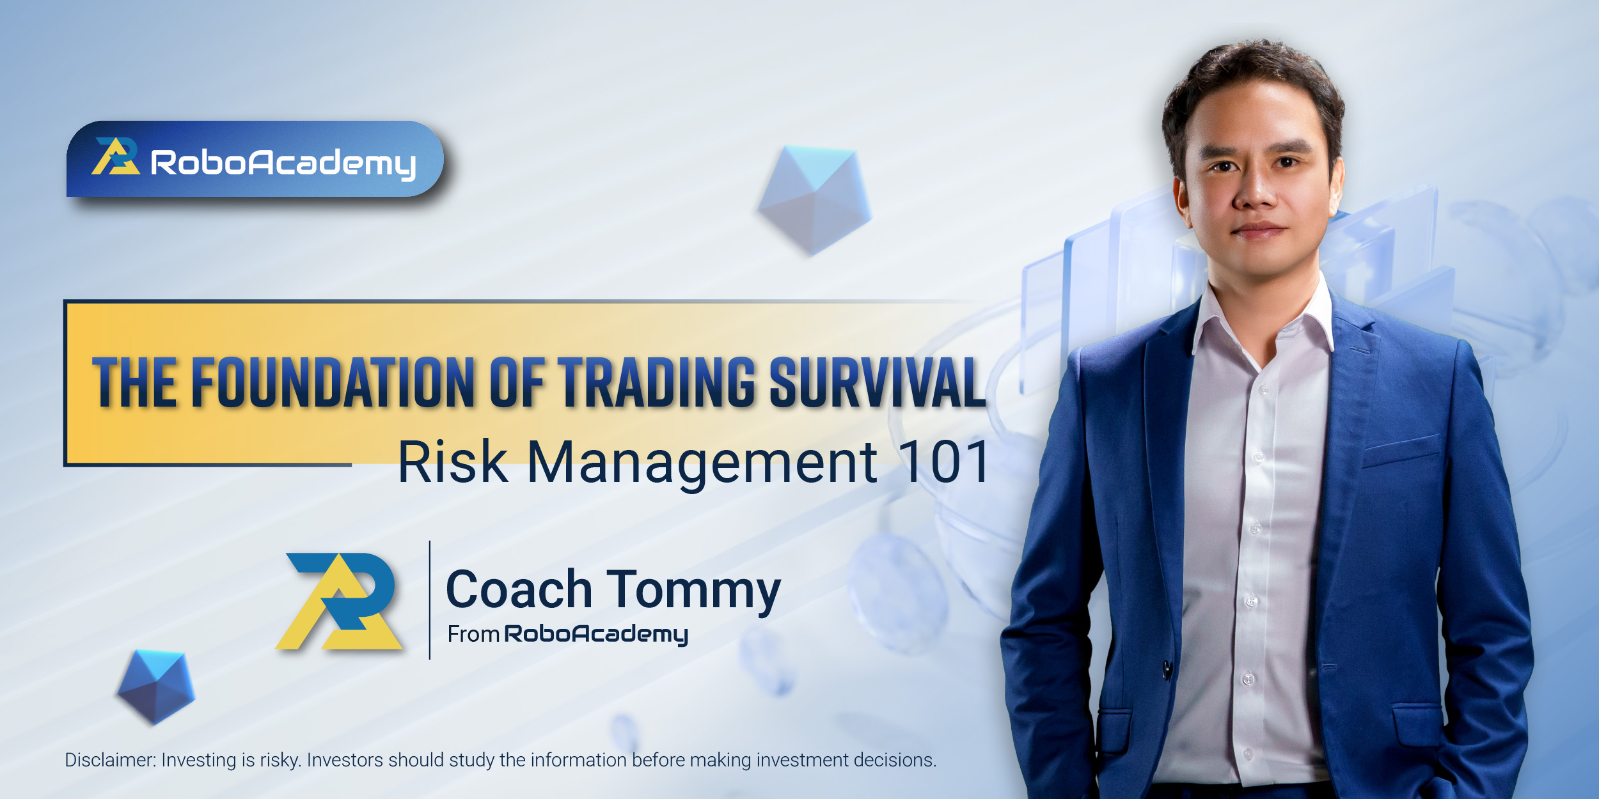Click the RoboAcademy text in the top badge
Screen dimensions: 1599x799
pyautogui.click(x=283, y=163)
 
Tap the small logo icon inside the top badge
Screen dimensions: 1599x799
pyautogui.click(x=116, y=156)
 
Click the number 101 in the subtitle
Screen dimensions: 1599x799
pyautogui.click(x=944, y=462)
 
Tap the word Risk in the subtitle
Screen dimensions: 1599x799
pyautogui.click(x=453, y=462)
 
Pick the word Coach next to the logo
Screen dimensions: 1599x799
pyautogui.click(x=519, y=589)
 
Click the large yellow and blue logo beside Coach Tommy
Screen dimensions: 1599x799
pyautogui.click(x=339, y=601)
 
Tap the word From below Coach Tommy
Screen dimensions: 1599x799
pyautogui.click(x=473, y=634)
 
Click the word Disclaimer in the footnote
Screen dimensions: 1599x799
pyautogui.click(x=110, y=760)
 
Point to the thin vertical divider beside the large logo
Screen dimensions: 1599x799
pyautogui.click(x=430, y=600)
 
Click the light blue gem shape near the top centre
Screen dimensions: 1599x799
pyautogui.click(x=814, y=200)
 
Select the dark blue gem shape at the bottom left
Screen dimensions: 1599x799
pyautogui.click(x=155, y=687)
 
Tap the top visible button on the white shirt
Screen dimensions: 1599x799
pyautogui.click(x=1263, y=389)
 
